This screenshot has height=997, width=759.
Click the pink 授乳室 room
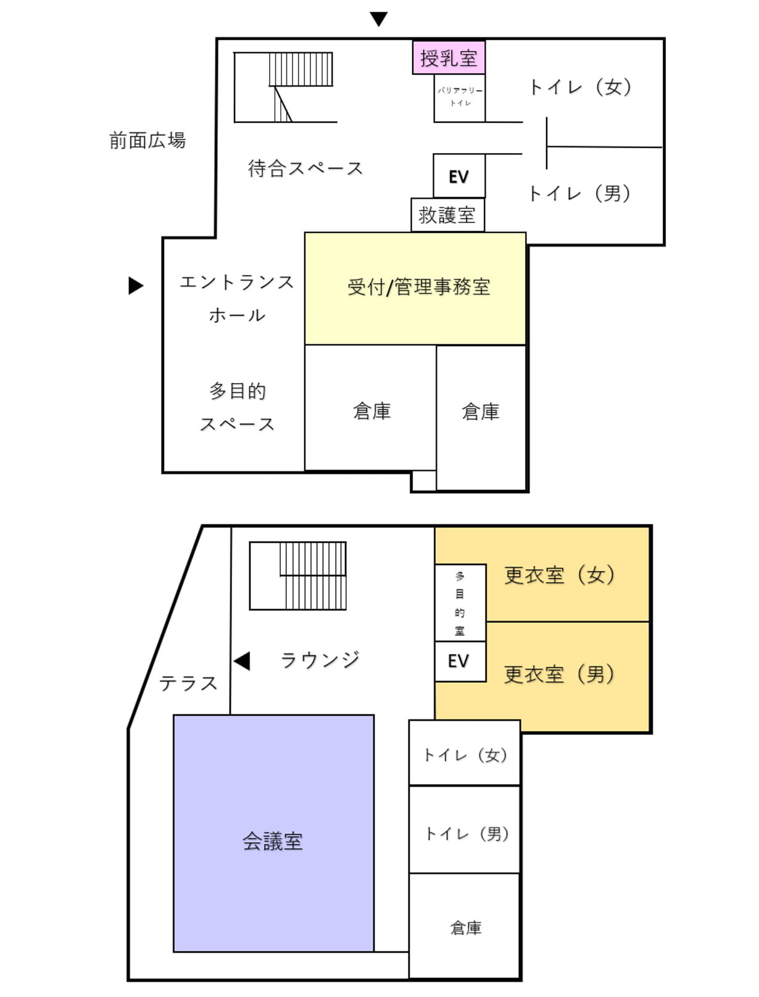[449, 57]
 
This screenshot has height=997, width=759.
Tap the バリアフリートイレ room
[459, 97]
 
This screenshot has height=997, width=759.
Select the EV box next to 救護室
[458, 176]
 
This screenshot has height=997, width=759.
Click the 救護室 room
[447, 215]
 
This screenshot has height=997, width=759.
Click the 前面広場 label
[147, 141]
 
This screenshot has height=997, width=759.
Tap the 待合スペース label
[305, 168]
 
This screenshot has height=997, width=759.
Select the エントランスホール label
[237, 299]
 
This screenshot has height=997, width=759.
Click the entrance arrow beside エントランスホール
[136, 286]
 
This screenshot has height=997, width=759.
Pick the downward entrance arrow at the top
[378, 19]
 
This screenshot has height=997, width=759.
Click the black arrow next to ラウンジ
[242, 661]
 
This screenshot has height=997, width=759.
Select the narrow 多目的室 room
[460, 603]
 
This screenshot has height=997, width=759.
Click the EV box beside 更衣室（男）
[459, 661]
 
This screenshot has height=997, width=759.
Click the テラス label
[188, 683]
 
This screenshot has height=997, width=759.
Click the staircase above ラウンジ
[298, 576]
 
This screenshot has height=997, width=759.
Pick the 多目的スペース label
[237, 407]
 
